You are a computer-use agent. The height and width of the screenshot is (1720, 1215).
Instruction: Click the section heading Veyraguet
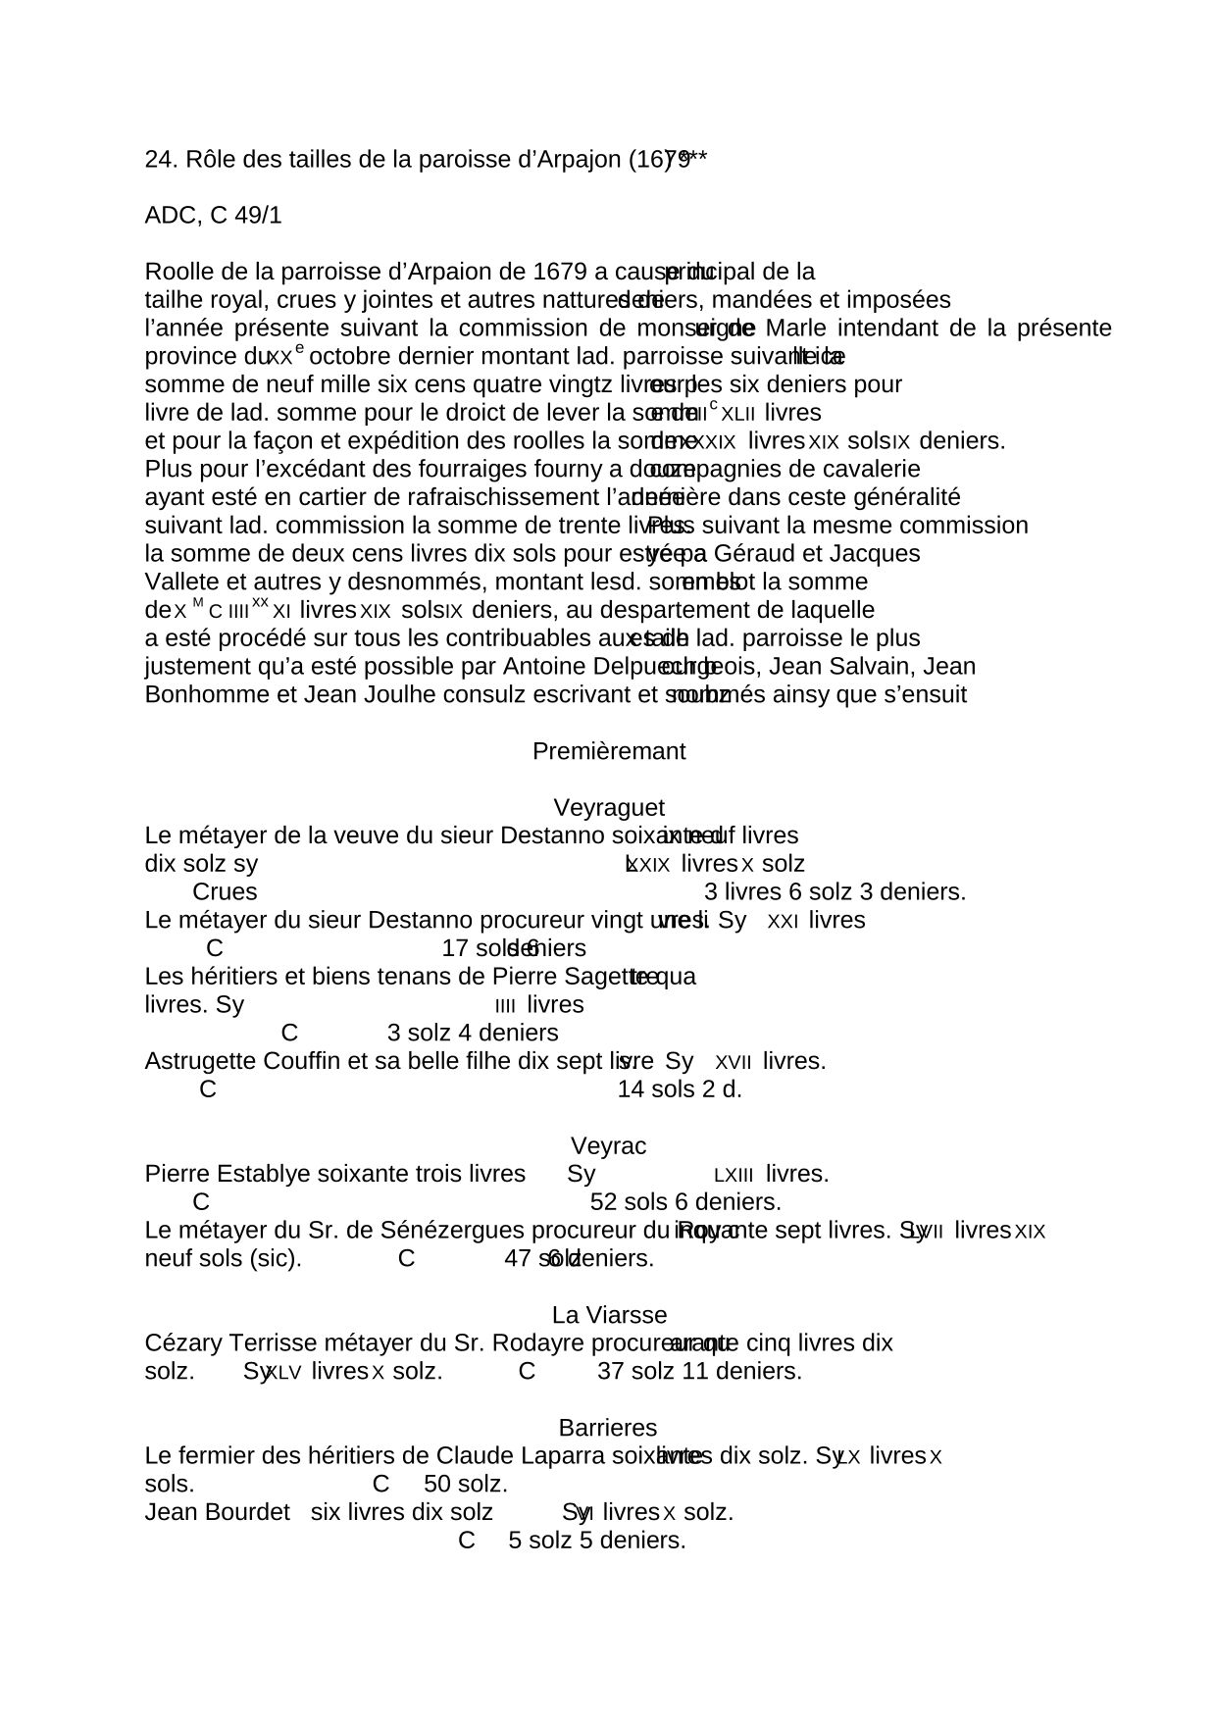point(608,808)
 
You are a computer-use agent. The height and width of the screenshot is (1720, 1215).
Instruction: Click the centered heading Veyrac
point(608,1146)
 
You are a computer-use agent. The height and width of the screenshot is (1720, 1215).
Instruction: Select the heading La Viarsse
point(609,1315)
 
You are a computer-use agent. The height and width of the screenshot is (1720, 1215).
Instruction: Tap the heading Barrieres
point(607,1428)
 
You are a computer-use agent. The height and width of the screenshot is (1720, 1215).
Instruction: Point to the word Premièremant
point(608,752)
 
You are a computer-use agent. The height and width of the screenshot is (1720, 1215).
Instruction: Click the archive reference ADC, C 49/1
point(213,217)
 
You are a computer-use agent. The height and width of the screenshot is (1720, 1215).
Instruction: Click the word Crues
point(225,892)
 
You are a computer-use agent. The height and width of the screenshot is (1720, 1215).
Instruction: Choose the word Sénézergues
point(461,1231)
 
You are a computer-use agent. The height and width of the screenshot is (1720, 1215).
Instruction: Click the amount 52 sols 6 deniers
point(685,1202)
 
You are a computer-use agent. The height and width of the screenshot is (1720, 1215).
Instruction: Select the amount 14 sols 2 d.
point(679,1089)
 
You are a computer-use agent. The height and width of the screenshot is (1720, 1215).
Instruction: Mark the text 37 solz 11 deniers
point(699,1372)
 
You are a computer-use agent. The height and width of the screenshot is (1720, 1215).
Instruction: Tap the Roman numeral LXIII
point(733,1176)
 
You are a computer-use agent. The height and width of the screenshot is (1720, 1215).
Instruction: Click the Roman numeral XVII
point(734,1063)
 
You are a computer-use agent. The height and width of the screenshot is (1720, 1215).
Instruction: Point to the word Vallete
point(177,582)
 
